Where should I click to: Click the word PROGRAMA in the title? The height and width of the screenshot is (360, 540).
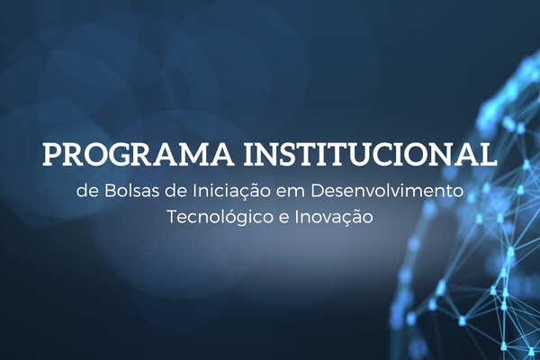point(137,154)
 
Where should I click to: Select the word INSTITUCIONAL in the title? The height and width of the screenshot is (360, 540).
point(371,154)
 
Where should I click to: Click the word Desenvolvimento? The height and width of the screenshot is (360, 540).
point(387,192)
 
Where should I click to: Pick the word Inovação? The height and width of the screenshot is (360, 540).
point(334,218)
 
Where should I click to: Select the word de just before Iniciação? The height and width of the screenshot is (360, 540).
point(176,192)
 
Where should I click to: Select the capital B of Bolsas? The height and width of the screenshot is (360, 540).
point(110,192)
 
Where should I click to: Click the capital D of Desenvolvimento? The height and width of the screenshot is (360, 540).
point(318,192)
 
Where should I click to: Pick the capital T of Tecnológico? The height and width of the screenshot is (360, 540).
point(173,218)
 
